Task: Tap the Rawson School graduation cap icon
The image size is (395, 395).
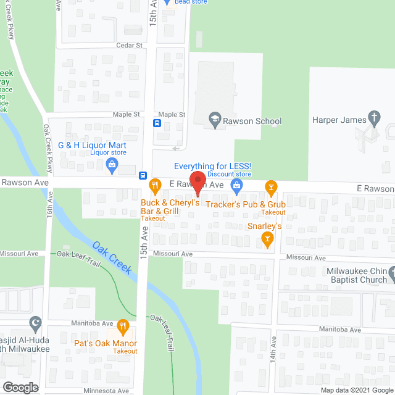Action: pos(215,122)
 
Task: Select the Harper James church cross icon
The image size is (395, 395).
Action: pos(373,117)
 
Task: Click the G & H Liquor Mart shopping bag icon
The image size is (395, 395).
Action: pos(112,164)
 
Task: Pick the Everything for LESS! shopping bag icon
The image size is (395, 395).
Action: pos(235,185)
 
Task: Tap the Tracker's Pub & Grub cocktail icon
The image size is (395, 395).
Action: pos(270,186)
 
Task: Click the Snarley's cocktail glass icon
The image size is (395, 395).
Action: pos(267,238)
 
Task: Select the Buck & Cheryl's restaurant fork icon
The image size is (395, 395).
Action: pos(154,184)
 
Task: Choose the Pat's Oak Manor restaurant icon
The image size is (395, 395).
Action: pos(123,325)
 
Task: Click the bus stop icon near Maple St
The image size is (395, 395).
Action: pos(157,123)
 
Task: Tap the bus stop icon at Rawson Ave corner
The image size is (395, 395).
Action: pos(143,175)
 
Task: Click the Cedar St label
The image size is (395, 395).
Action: pos(130,46)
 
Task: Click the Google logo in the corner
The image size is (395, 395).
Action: pos(20,387)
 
